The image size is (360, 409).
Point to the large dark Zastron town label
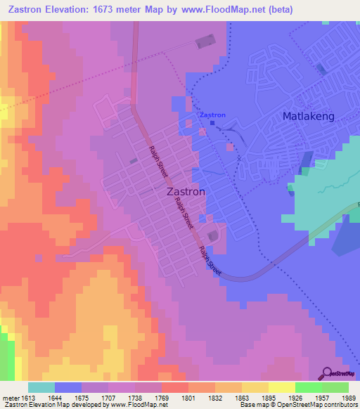click(186, 191)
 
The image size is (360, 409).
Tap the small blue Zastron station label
click(212, 115)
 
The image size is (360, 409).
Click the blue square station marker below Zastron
click(212, 123)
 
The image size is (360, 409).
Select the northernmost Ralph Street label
click(158, 160)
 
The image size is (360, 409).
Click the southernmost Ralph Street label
click(210, 261)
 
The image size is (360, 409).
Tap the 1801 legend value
click(187, 398)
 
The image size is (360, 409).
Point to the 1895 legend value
click(268, 398)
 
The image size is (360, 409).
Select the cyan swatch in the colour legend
click(41, 387)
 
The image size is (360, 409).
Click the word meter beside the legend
click(8, 398)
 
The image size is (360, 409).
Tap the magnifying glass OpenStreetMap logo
click(328, 373)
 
